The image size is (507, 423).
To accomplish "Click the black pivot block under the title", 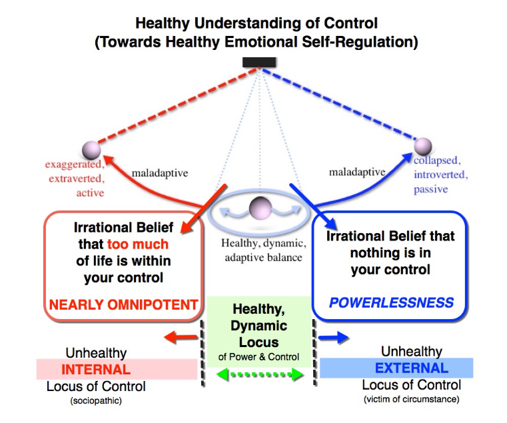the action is click(x=259, y=63).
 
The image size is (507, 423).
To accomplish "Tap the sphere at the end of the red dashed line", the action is click(x=91, y=150).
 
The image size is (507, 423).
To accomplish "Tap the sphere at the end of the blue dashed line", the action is click(x=423, y=146).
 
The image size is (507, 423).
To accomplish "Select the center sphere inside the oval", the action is click(x=260, y=209).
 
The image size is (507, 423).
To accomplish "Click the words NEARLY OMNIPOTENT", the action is click(x=123, y=304).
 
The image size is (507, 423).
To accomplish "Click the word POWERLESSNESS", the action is click(x=391, y=302).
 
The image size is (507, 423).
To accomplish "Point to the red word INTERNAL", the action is click(x=96, y=369).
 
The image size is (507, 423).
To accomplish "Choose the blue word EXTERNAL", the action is click(x=412, y=368).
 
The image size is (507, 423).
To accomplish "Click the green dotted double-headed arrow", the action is click(x=260, y=374).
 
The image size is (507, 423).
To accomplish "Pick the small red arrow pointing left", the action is click(x=181, y=337).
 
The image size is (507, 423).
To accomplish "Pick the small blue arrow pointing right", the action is click(x=333, y=338).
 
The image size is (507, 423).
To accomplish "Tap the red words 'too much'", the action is click(x=138, y=244).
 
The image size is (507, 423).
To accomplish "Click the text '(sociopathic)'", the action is click(x=96, y=401).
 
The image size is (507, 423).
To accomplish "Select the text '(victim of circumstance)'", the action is click(x=411, y=400).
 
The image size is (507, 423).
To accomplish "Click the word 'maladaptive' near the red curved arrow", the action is click(x=160, y=173).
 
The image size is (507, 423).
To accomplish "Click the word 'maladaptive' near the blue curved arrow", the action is click(x=357, y=172).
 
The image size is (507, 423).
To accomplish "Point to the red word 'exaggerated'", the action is click(x=74, y=165).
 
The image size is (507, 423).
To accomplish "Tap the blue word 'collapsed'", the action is click(x=436, y=161).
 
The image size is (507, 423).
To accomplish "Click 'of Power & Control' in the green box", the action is click(x=258, y=356).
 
